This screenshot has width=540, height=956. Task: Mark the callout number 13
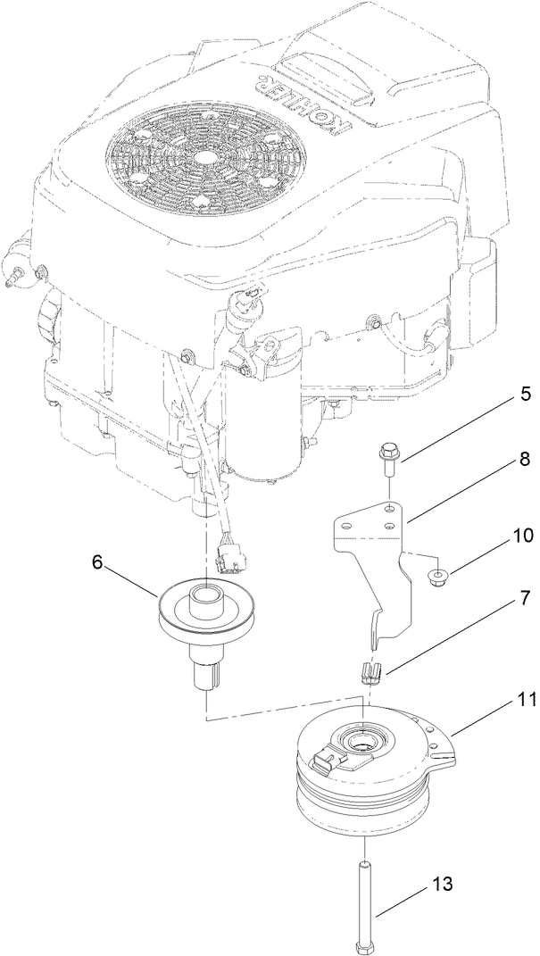(x=443, y=885)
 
